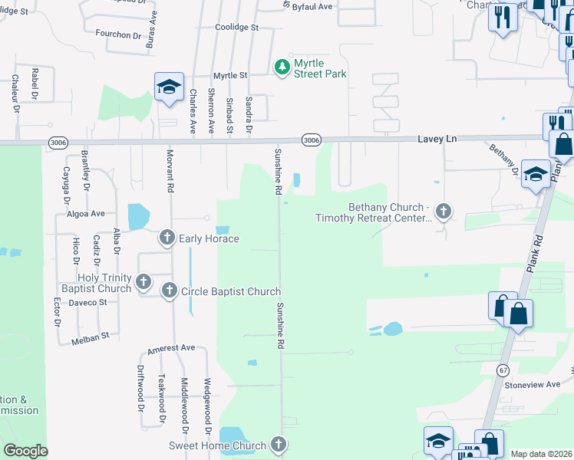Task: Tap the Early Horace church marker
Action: (x=167, y=238)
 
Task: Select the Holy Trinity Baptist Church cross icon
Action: (x=143, y=283)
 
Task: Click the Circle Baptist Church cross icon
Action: (x=170, y=291)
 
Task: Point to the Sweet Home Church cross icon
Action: (x=279, y=445)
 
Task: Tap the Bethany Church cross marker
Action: (x=443, y=211)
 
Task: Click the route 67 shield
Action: (x=503, y=371)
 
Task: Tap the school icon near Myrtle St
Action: (x=169, y=87)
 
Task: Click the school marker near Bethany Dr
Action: (x=535, y=174)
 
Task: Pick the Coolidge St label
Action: (x=237, y=27)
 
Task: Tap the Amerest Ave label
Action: (x=173, y=347)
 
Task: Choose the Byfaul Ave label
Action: (x=311, y=6)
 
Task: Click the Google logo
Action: (x=25, y=451)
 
